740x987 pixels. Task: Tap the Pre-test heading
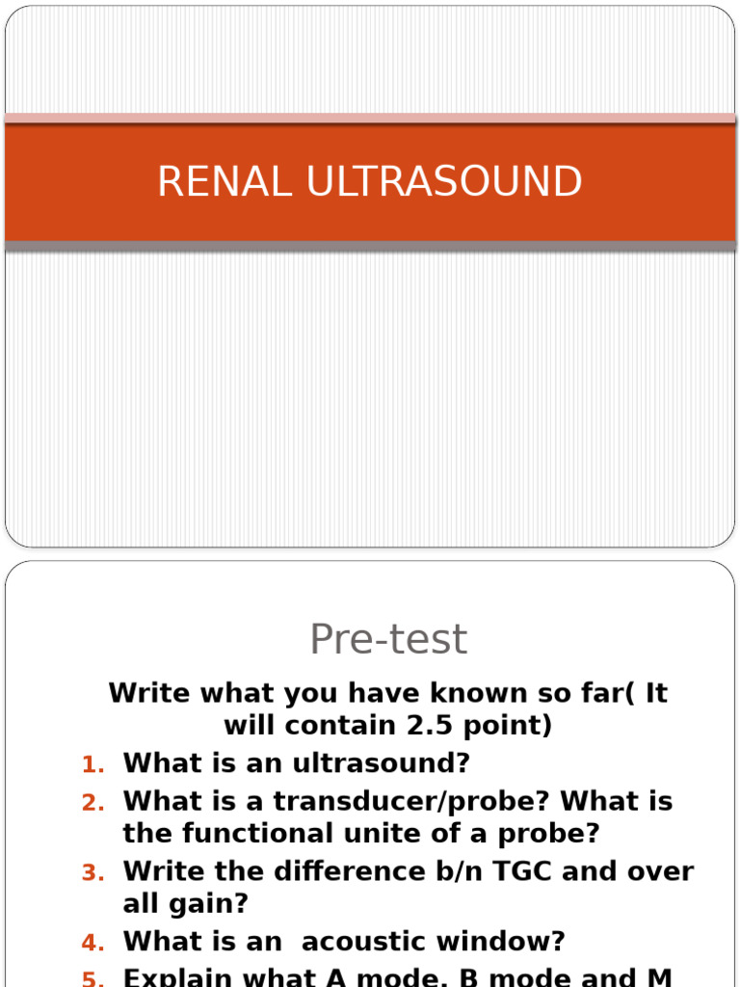click(x=388, y=639)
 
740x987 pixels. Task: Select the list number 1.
click(x=92, y=764)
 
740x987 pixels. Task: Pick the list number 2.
click(x=92, y=803)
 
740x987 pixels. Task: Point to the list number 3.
click(x=92, y=873)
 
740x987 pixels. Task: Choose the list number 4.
click(x=92, y=943)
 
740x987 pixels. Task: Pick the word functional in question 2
click(x=260, y=834)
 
